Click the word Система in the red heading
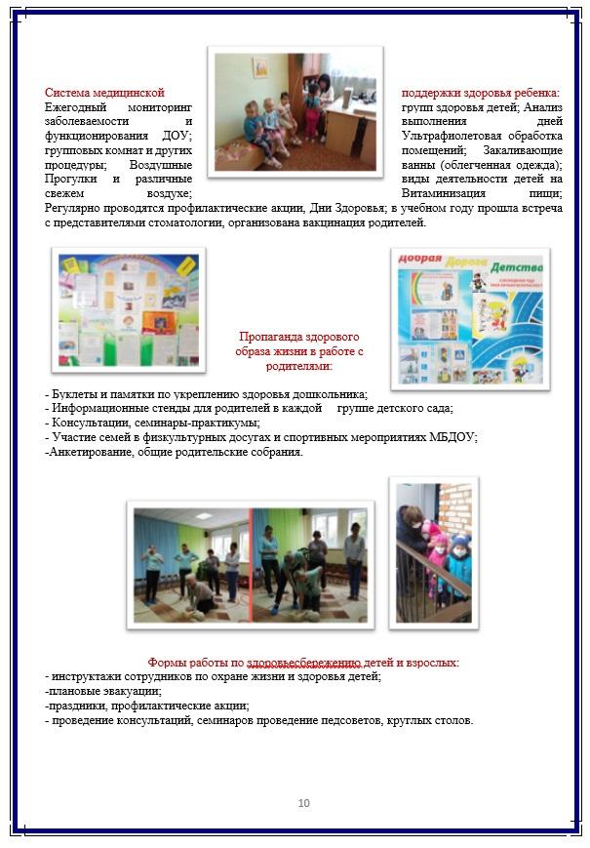pos(70,93)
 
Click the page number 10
pos(303,803)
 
